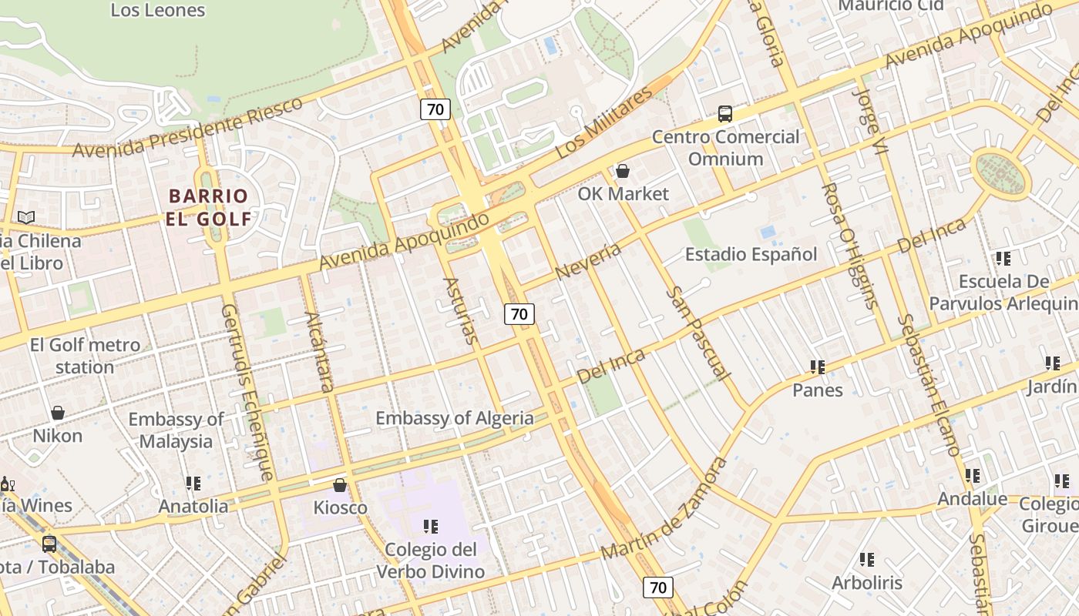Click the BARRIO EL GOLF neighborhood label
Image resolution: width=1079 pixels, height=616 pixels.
pos(209,207)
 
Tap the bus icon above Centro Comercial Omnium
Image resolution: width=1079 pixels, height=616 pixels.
pos(724,114)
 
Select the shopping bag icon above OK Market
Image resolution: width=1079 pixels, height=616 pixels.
pos(623,171)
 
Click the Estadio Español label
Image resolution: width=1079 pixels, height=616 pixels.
pos(751,254)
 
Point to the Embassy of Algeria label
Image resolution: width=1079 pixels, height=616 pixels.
pos(454,418)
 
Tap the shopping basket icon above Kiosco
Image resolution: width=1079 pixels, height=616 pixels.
pos(340,485)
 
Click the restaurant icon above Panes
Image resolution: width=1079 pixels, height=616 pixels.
pos(818,367)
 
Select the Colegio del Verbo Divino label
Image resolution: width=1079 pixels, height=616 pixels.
pos(431,561)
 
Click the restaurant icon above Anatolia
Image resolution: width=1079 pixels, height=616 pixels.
pos(193,484)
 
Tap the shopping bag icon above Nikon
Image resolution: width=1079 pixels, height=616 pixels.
pos(58,413)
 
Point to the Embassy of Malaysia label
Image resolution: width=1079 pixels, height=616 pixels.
pos(176,430)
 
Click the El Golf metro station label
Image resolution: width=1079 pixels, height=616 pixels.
pos(85,356)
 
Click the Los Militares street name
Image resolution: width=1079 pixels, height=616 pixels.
pos(603,123)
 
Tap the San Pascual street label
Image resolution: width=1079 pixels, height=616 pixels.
pos(698,333)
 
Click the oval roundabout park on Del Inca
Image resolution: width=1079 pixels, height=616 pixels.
pos(1000,174)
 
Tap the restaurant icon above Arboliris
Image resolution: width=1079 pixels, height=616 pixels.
pos(867,560)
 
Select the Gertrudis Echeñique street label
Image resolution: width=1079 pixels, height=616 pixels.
pos(247,391)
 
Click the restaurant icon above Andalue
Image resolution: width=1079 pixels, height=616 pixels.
pos(973,477)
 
